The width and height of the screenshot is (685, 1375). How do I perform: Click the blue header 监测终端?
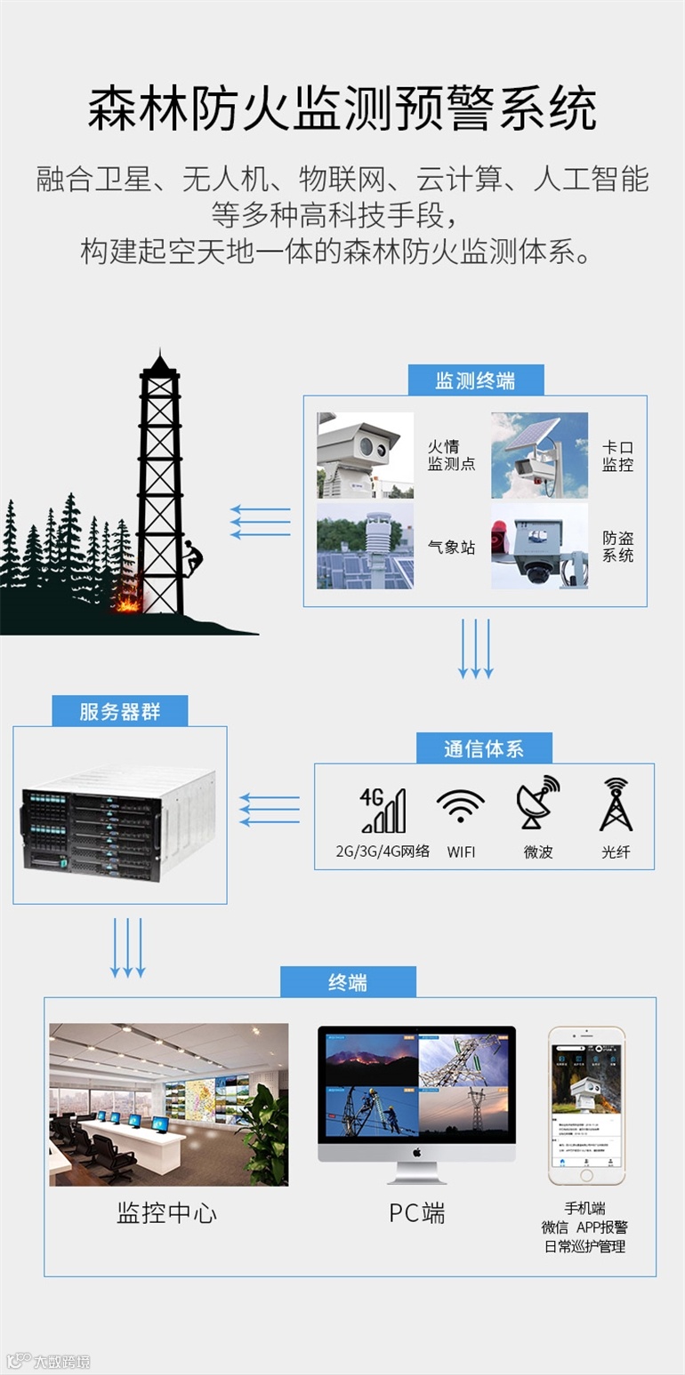(x=475, y=380)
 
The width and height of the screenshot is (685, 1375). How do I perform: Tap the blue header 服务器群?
(x=119, y=711)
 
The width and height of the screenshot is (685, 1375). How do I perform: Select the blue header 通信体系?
(x=484, y=748)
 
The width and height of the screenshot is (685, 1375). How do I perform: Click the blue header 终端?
(x=348, y=982)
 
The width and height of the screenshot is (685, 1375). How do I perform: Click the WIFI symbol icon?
(x=461, y=809)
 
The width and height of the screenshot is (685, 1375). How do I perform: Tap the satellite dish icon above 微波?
(x=538, y=803)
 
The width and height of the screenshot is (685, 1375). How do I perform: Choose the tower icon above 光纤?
(x=616, y=804)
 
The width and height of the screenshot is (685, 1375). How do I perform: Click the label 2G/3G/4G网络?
(x=383, y=851)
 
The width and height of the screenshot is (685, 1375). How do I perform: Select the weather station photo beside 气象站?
(x=365, y=546)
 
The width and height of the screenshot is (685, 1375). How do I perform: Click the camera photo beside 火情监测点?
(x=365, y=455)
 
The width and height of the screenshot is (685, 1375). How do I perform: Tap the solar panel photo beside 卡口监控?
(x=539, y=455)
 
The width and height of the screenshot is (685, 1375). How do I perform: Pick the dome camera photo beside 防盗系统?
(x=539, y=546)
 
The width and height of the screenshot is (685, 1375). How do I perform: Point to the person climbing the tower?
(x=191, y=559)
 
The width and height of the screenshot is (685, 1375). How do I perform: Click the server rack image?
(x=118, y=821)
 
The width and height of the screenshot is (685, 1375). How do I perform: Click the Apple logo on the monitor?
(x=416, y=1153)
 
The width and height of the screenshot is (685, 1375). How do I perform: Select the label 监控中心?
(x=166, y=1213)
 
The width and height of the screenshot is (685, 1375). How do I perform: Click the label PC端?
(x=416, y=1213)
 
